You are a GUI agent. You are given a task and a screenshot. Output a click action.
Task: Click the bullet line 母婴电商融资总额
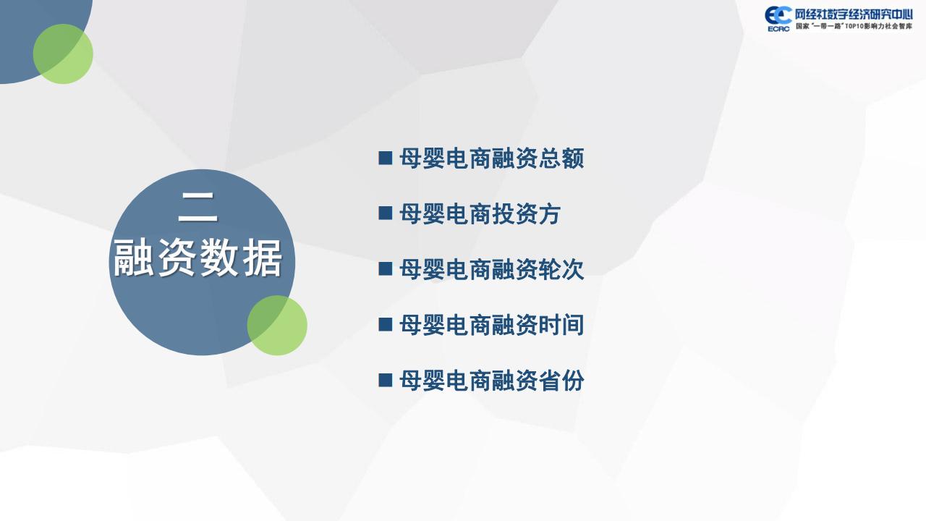point(491,158)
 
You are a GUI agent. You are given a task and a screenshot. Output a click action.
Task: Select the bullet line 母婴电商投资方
point(480,213)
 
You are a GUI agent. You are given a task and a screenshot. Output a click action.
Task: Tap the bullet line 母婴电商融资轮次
point(491,269)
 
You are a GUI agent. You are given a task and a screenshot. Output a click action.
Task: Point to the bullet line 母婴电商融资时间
point(491,325)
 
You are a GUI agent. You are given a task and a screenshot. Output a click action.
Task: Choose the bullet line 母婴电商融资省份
point(491,381)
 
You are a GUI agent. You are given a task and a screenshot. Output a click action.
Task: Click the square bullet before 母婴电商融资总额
point(386,158)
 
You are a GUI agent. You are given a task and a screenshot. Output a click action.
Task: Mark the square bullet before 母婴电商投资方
point(386,213)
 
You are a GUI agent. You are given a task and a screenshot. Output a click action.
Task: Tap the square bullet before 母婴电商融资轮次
point(386,268)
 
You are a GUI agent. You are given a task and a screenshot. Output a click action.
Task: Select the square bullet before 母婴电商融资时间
point(386,324)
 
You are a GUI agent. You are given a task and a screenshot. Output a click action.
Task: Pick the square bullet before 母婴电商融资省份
point(386,380)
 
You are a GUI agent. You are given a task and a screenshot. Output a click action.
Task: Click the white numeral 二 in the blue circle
point(198,208)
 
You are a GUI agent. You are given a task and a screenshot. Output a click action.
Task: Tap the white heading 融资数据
point(197,259)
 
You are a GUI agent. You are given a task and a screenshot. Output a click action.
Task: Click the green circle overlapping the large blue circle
point(277,326)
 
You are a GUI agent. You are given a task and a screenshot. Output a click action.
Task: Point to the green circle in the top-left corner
point(63,54)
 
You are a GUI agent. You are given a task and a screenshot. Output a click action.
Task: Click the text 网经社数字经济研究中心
point(854,15)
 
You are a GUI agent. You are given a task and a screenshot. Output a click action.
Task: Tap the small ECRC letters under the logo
point(778,29)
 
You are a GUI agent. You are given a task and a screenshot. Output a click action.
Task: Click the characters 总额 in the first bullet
point(561,158)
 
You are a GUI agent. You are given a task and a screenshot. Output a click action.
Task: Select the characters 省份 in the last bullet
point(561,381)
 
